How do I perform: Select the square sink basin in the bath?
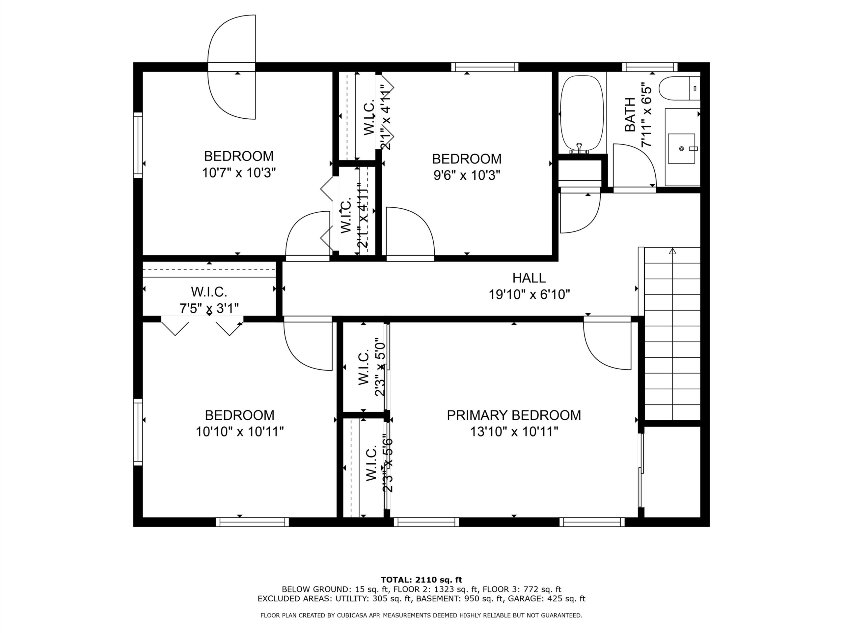coord(682,148)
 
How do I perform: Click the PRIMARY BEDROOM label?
coord(514,415)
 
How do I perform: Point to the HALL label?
coord(529,278)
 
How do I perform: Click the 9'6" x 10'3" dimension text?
coord(467,175)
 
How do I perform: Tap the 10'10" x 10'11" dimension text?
coord(240,432)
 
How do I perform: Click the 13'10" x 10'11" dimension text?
coord(514,432)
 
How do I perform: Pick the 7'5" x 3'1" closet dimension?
coord(209,308)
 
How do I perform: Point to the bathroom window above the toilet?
coord(650,67)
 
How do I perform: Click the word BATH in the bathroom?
coord(630,115)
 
